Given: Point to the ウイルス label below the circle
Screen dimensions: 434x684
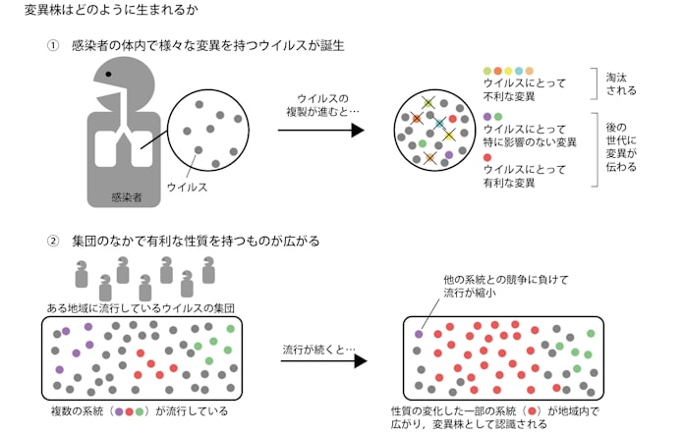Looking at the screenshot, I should pyautogui.click(x=187, y=185).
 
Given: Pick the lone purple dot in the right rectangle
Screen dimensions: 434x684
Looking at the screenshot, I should pyautogui.click(x=419, y=334).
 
